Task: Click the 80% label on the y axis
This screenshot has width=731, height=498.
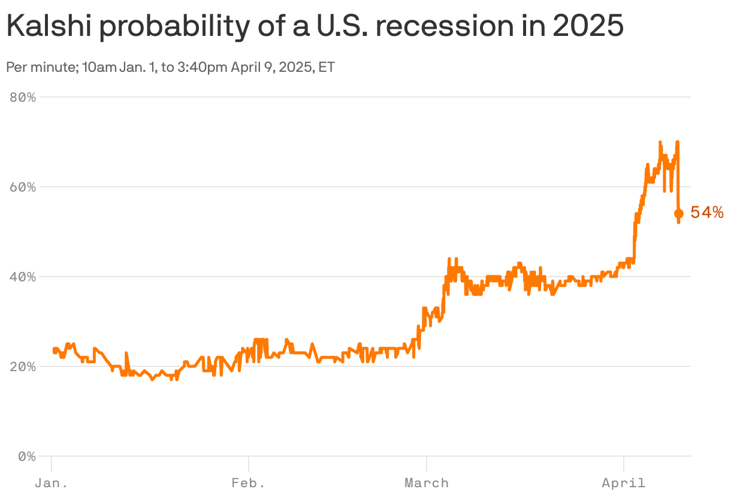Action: (23, 97)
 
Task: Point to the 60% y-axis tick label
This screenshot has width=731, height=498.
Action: (23, 187)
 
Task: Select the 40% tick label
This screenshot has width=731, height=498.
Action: (23, 277)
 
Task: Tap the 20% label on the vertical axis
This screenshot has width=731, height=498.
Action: (23, 366)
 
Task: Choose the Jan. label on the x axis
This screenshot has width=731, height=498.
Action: (51, 483)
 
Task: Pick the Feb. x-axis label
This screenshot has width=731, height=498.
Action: (248, 483)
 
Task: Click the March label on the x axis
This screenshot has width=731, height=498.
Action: (426, 483)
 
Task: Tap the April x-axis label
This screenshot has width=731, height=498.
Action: (624, 483)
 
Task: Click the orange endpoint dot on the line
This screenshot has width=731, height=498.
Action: (679, 214)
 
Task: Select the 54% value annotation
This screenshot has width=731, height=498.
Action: (707, 212)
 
